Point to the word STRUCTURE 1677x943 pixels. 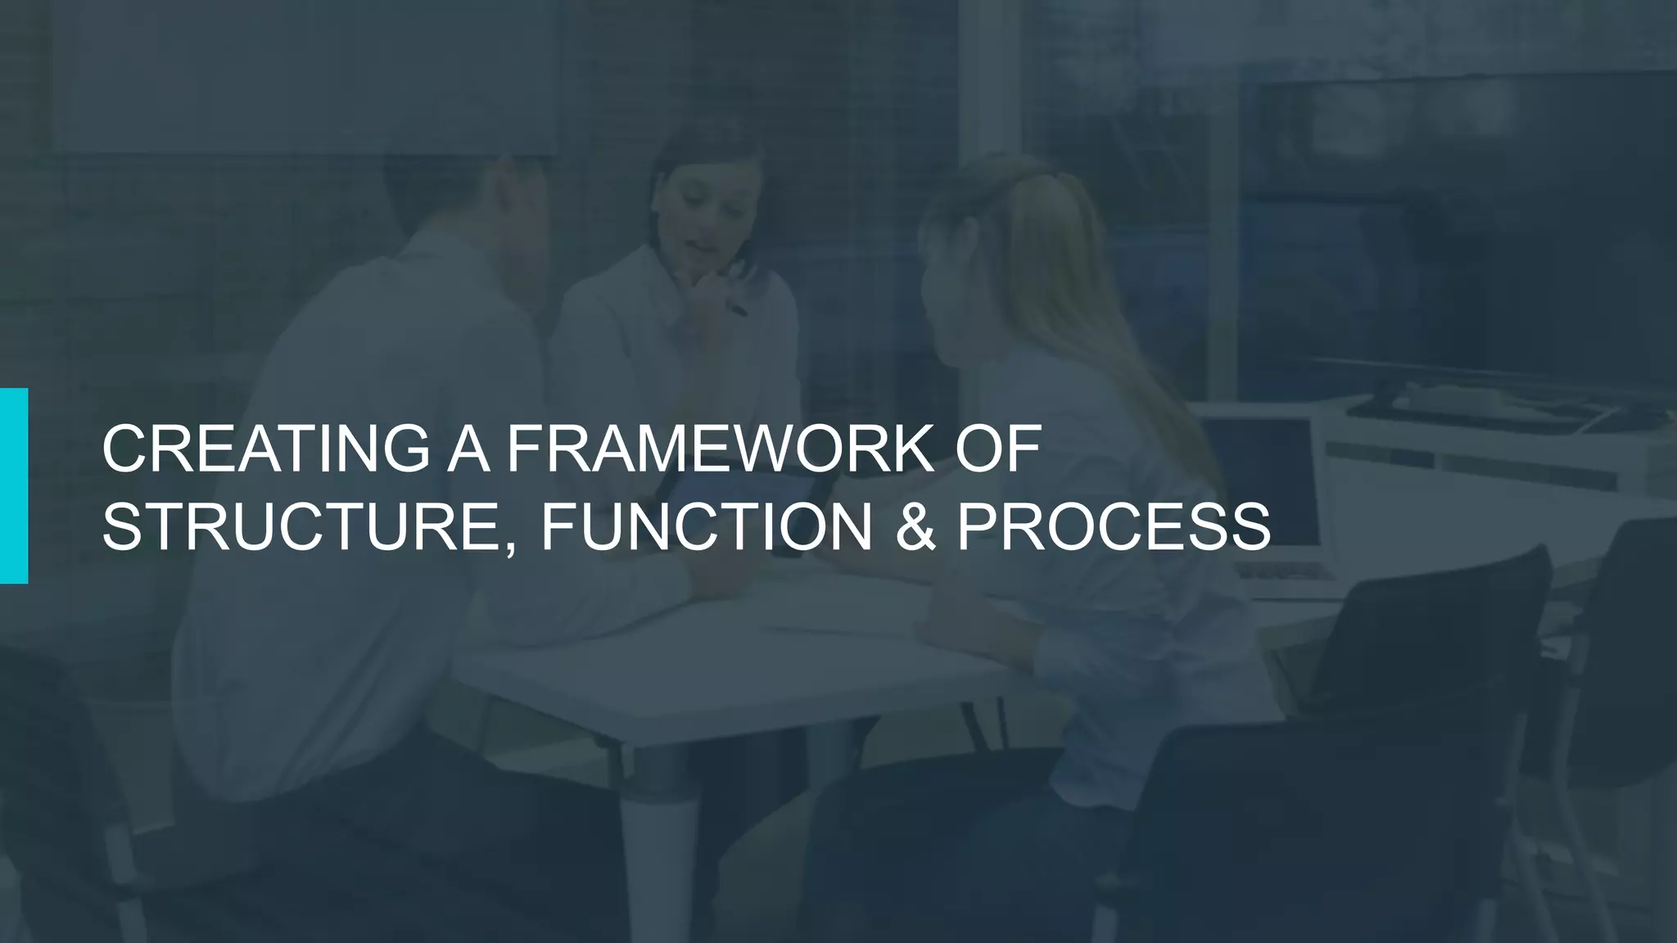(307, 527)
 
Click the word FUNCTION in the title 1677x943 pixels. (705, 527)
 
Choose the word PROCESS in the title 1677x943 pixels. (1113, 527)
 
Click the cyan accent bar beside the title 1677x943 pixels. (14, 485)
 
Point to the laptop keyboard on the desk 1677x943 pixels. (1286, 573)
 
